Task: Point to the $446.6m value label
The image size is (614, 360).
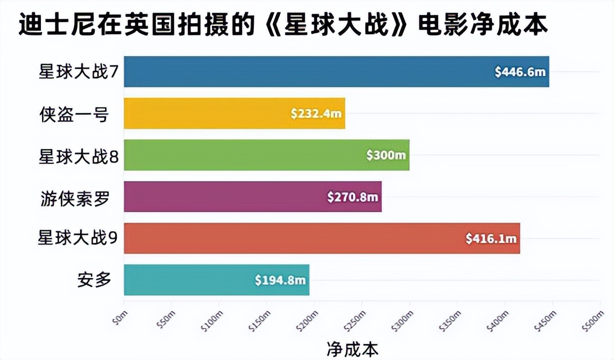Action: [x=520, y=72]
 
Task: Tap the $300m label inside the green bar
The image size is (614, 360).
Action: [x=386, y=156]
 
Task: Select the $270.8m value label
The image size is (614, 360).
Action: [x=352, y=197]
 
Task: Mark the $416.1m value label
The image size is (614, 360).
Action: [x=491, y=239]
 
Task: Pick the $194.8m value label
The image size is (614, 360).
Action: [x=280, y=280]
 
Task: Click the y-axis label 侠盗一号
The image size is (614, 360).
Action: [x=73, y=114]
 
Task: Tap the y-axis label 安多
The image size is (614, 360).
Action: [x=94, y=280]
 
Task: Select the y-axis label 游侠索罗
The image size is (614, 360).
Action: [x=74, y=197]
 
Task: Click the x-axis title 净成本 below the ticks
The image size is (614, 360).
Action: [x=352, y=349]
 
